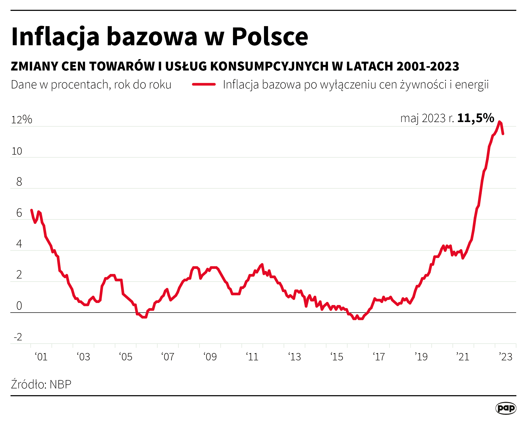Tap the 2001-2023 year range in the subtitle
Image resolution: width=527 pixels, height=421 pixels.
pos(428,66)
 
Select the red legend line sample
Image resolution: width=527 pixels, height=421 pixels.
pos(204,84)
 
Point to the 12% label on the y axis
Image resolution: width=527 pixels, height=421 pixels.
pos(21,119)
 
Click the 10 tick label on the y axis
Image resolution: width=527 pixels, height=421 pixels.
pos(17,151)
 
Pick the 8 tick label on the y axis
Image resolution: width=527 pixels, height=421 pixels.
pos(19,182)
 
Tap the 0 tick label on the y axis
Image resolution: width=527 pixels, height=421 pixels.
pos(19,306)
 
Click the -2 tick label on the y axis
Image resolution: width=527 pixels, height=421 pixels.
pos(18,337)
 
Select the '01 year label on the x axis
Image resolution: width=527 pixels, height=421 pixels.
pos(41,357)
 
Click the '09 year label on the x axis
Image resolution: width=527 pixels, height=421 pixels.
pos(210,357)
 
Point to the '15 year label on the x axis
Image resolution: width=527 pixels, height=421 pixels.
pos(337,357)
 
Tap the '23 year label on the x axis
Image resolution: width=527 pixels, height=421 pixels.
pos(506,357)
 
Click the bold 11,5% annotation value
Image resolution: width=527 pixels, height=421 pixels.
pos(475,118)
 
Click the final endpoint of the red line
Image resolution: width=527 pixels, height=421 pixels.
pos(503,134)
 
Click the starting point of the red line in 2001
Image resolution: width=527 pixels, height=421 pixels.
pos(31,210)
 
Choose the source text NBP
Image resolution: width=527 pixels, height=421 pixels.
pos(60,384)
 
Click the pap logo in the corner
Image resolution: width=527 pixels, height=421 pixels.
pos(506,408)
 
